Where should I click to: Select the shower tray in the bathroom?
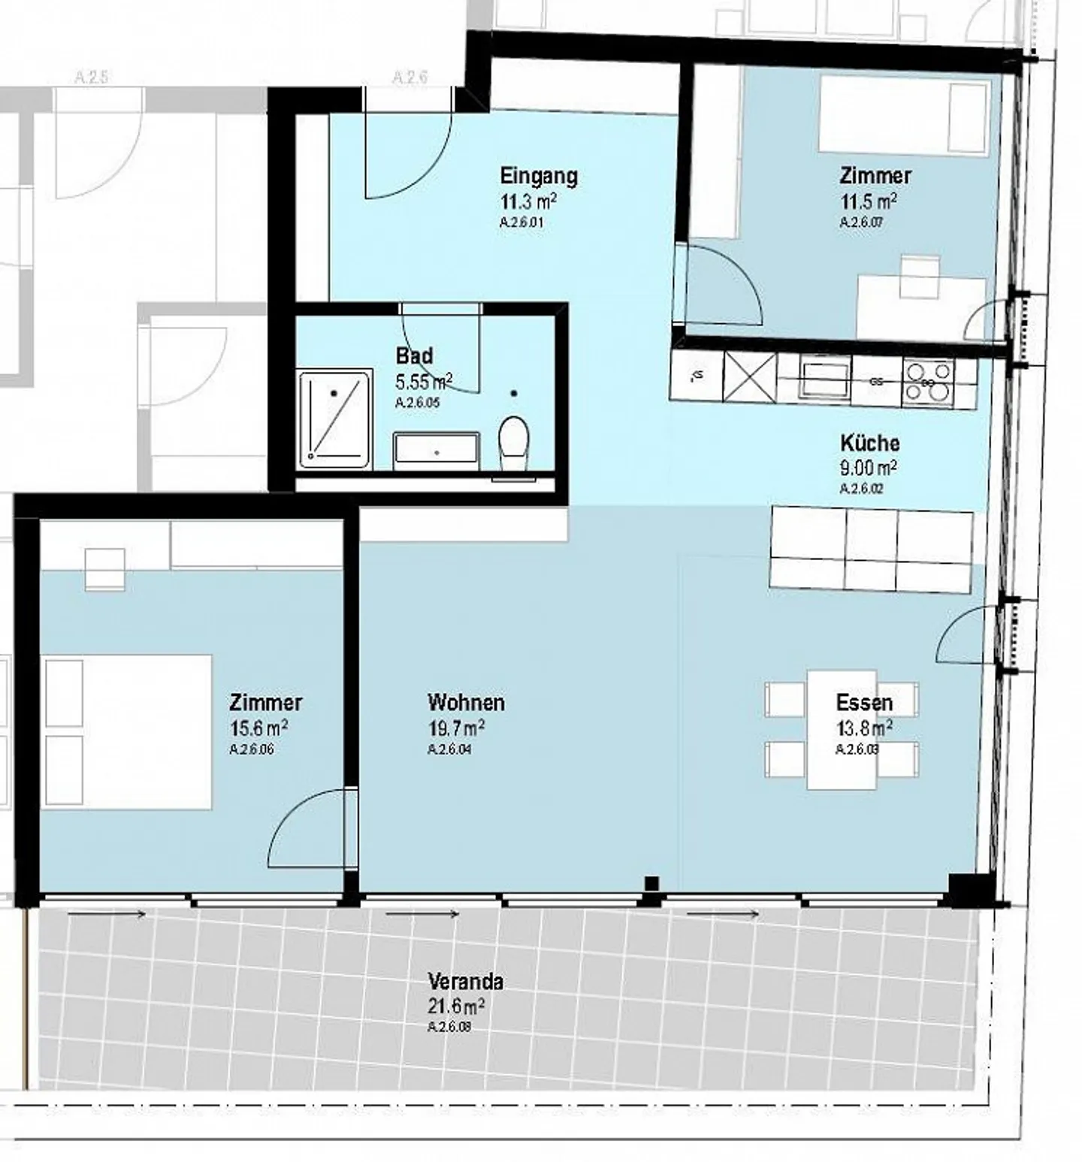(x=335, y=419)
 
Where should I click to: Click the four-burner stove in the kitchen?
(x=928, y=380)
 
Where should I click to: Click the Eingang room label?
(x=539, y=177)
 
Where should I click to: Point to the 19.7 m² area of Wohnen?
(x=455, y=728)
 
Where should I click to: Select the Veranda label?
(x=465, y=981)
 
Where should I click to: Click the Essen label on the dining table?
(x=864, y=703)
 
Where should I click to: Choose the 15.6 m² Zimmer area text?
(x=258, y=728)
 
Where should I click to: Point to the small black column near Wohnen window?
(x=651, y=884)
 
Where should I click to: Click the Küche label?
(x=869, y=443)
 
